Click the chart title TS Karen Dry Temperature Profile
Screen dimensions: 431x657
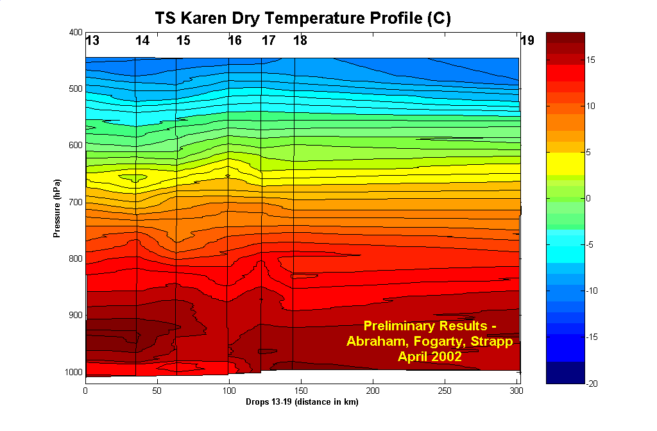click(303, 18)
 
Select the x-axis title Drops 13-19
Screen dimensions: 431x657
click(302, 403)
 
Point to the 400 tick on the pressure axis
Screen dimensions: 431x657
click(75, 32)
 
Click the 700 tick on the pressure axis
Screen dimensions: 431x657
click(75, 202)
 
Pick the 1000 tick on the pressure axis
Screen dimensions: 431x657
click(73, 372)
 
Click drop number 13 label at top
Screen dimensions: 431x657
click(92, 40)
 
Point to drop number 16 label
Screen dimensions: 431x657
click(235, 40)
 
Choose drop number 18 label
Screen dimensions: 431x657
click(300, 40)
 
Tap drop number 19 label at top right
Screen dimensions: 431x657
click(527, 40)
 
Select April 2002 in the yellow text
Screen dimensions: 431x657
click(430, 357)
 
